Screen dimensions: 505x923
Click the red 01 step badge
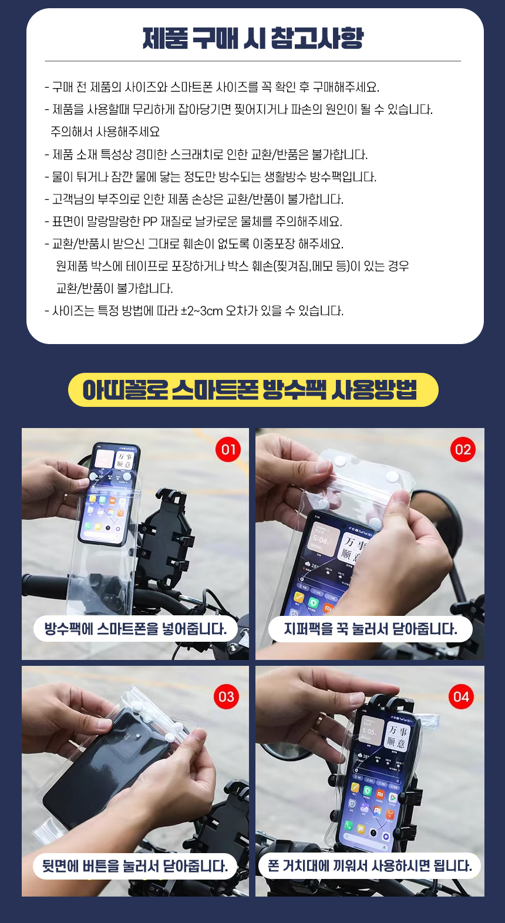[x=228, y=450]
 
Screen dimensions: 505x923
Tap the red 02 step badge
[x=463, y=450]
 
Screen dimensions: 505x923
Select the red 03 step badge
[x=226, y=697]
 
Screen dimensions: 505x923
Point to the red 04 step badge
[x=461, y=697]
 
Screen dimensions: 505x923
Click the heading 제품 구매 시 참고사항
[x=253, y=38]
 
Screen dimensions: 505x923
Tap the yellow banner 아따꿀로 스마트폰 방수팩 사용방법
[x=253, y=390]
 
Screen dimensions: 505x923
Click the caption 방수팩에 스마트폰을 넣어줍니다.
[x=136, y=629]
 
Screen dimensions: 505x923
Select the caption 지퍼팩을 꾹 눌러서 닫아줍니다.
[x=370, y=629]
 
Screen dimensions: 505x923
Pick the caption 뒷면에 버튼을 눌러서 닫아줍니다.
[x=135, y=866]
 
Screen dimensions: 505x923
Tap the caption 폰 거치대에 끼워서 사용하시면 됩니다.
[x=370, y=866]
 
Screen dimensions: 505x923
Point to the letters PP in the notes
[x=150, y=222]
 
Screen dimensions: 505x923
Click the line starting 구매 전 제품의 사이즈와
[x=212, y=87]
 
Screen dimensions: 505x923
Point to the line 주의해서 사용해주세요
[x=105, y=132]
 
